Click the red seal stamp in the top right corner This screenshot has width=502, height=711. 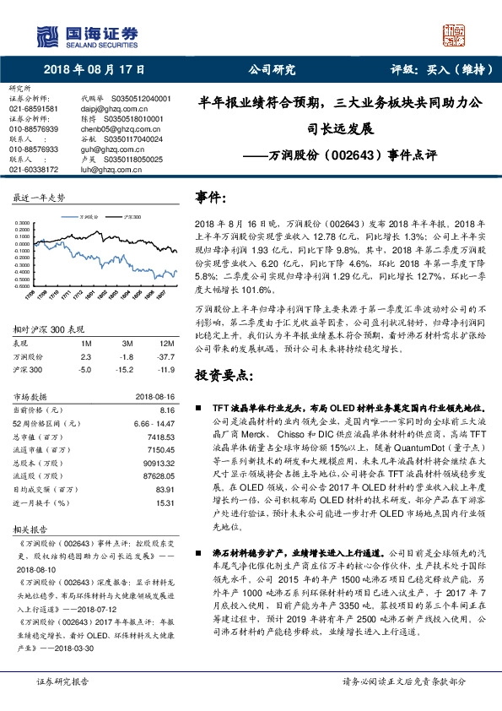453,35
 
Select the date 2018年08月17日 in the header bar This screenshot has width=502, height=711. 94,70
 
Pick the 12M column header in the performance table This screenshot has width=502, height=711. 166,345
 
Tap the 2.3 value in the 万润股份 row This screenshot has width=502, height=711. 85,357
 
